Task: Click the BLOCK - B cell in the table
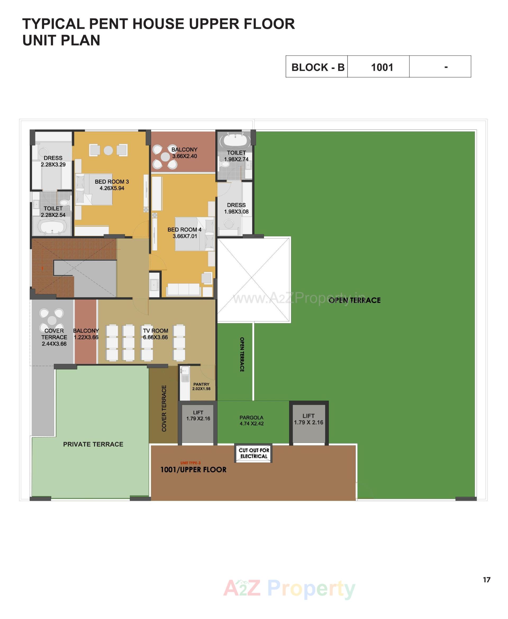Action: pyautogui.click(x=317, y=67)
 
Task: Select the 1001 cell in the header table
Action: pyautogui.click(x=382, y=67)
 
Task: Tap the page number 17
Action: pyautogui.click(x=486, y=580)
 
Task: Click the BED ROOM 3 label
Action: pyautogui.click(x=112, y=185)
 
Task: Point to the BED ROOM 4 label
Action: pyautogui.click(x=184, y=233)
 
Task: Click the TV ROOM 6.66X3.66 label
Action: pyautogui.click(x=155, y=334)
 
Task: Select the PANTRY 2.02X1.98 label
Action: pyautogui.click(x=201, y=386)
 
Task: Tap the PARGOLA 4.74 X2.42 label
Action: pyautogui.click(x=252, y=420)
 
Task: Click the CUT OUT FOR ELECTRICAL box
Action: pyautogui.click(x=254, y=453)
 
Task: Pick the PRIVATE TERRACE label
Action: pyautogui.click(x=93, y=444)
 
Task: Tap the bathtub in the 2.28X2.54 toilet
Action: pyautogui.click(x=52, y=228)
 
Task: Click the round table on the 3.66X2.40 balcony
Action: pyautogui.click(x=165, y=157)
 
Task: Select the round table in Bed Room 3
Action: pyautogui.click(x=108, y=150)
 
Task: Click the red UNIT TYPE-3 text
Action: pyautogui.click(x=190, y=463)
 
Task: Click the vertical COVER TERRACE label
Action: pyautogui.click(x=164, y=408)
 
